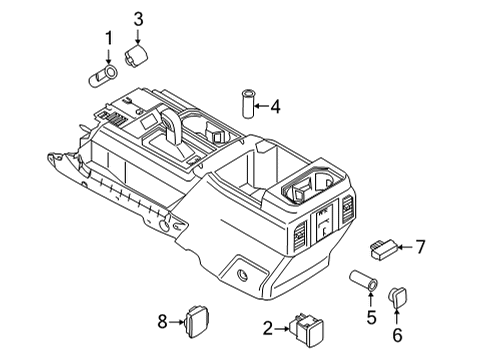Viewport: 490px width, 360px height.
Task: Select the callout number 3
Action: pos(139,17)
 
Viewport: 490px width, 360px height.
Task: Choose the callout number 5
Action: pos(371,318)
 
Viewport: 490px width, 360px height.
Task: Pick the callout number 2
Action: pos(268,328)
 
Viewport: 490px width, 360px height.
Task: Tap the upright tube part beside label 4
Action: pos(245,103)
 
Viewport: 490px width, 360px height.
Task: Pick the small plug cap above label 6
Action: pos(398,297)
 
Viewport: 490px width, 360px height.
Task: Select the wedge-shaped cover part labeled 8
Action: pos(194,321)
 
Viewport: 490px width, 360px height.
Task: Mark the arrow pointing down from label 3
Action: pos(139,35)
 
